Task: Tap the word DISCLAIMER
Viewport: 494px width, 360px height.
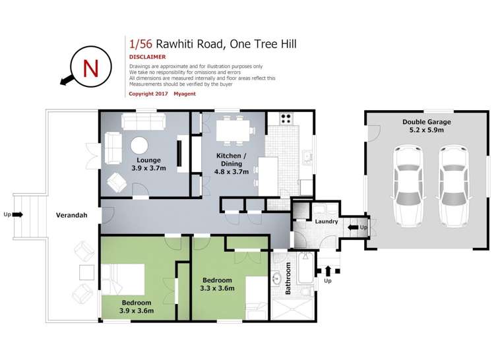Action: (x=148, y=57)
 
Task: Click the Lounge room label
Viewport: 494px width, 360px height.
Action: (x=148, y=160)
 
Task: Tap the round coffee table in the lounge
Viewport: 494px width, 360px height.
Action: (x=139, y=146)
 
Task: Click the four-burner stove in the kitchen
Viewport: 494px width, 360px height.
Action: (x=287, y=119)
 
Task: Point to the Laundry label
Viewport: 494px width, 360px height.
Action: (x=326, y=222)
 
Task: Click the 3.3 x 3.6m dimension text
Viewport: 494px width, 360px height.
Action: (x=218, y=288)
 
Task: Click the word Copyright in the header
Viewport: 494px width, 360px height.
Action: (x=144, y=94)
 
